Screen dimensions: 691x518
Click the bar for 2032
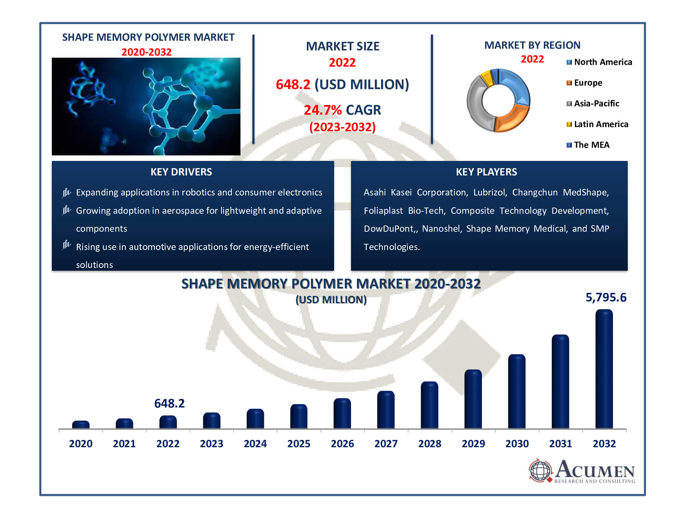click(x=604, y=369)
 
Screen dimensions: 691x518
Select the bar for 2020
click(x=81, y=425)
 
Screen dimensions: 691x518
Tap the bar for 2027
click(x=386, y=410)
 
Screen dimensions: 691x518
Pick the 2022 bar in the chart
click(x=168, y=422)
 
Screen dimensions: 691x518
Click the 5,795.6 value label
click(x=606, y=297)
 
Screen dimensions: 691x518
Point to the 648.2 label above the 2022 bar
click(x=169, y=403)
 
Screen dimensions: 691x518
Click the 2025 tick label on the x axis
click(x=299, y=444)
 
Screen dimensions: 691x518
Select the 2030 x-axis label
click(x=517, y=444)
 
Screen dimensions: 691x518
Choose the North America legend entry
click(x=599, y=62)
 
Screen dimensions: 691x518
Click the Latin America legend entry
click(x=597, y=124)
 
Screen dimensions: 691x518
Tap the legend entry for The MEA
click(x=588, y=145)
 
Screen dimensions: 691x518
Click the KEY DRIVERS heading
click(x=181, y=172)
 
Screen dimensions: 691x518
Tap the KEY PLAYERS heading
click(x=486, y=172)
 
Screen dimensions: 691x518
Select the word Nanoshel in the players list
click(x=442, y=229)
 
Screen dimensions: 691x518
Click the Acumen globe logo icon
click(x=540, y=470)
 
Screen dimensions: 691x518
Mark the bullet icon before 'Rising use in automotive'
click(x=67, y=245)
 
